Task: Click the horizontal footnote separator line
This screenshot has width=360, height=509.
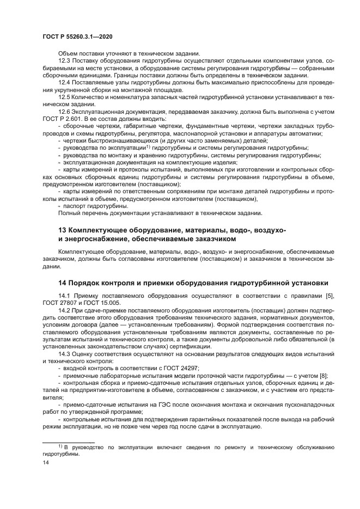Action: click(69, 441)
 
